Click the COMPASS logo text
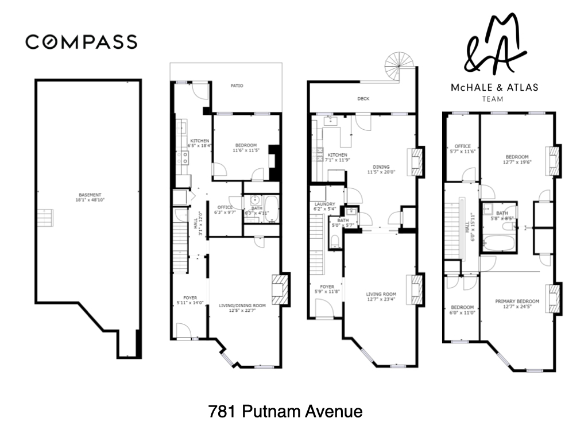tap(81, 42)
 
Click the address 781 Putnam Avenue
tap(285, 411)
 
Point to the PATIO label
tap(237, 86)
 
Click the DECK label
tap(363, 99)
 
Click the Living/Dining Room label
tap(242, 309)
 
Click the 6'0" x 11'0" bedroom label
tap(462, 310)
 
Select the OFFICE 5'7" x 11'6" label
tap(462, 149)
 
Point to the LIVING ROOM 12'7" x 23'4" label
tap(382, 297)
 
